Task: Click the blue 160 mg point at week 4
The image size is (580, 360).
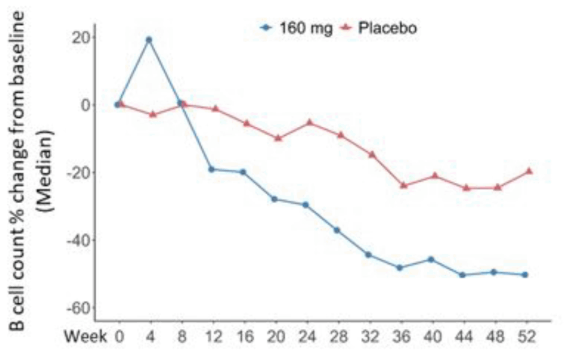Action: (x=149, y=40)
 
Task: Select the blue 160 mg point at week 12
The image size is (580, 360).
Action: (x=211, y=169)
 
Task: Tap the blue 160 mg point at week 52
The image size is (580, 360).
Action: (x=525, y=275)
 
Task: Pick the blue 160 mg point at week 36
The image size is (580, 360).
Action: (x=400, y=268)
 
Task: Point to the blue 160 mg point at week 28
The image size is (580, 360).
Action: (x=337, y=230)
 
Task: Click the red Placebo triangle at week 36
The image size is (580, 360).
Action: (x=404, y=185)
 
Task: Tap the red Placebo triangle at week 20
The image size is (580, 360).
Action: (x=278, y=138)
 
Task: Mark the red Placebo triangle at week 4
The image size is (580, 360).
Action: (x=152, y=114)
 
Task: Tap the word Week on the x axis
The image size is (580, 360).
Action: (x=85, y=337)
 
